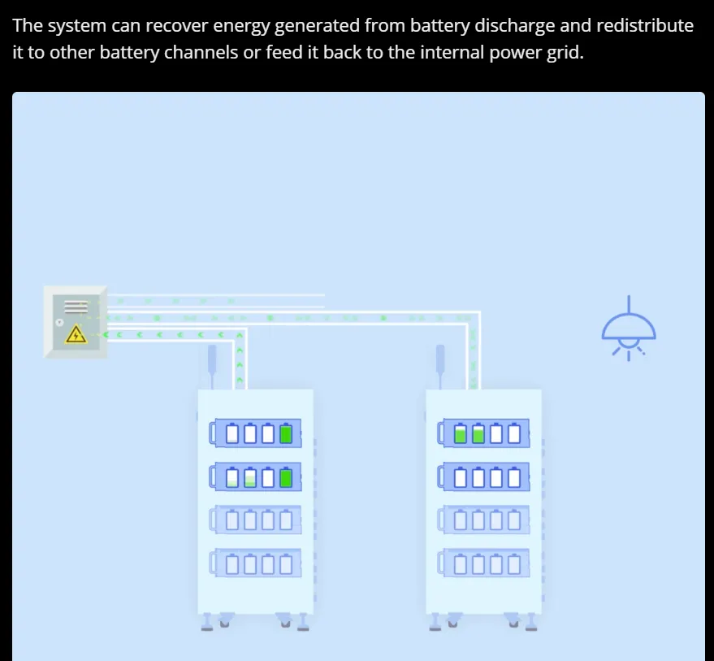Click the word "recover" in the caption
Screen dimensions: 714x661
177,25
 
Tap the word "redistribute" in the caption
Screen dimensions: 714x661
645,25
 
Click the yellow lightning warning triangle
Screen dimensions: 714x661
76,334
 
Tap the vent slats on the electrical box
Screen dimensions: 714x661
76,307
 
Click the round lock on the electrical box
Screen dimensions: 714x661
59,322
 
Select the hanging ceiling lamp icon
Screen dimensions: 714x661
629,328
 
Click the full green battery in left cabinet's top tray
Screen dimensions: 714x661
285,433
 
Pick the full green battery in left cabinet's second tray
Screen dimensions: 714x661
285,476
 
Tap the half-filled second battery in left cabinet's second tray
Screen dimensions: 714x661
250,476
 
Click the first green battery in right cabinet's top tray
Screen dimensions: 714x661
461,433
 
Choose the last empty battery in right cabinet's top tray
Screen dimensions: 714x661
514,433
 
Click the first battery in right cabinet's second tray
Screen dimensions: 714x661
461,476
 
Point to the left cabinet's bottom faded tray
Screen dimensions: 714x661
255,563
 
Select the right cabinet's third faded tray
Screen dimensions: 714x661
483,520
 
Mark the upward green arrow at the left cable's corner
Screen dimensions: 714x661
240,335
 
